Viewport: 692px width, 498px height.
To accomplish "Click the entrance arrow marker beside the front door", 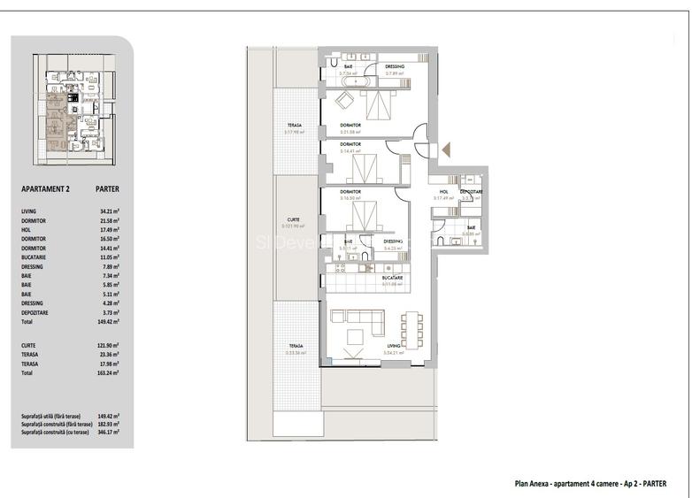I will coord(446,149).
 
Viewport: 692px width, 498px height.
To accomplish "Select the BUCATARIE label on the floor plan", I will coord(393,278).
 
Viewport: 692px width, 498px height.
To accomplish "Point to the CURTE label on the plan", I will coord(293,219).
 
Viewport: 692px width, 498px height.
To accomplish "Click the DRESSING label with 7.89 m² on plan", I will coord(395,66).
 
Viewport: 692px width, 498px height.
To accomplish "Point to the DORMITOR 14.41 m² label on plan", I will coord(350,144).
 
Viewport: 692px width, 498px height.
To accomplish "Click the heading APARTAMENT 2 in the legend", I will coord(45,188).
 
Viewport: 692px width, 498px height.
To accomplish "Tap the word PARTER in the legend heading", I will coord(107,188).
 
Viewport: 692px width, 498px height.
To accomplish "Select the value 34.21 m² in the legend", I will coord(109,211).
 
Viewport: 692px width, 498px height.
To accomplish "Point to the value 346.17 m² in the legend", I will coord(109,432).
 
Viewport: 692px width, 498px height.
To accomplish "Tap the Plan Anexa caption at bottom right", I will coord(590,483).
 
